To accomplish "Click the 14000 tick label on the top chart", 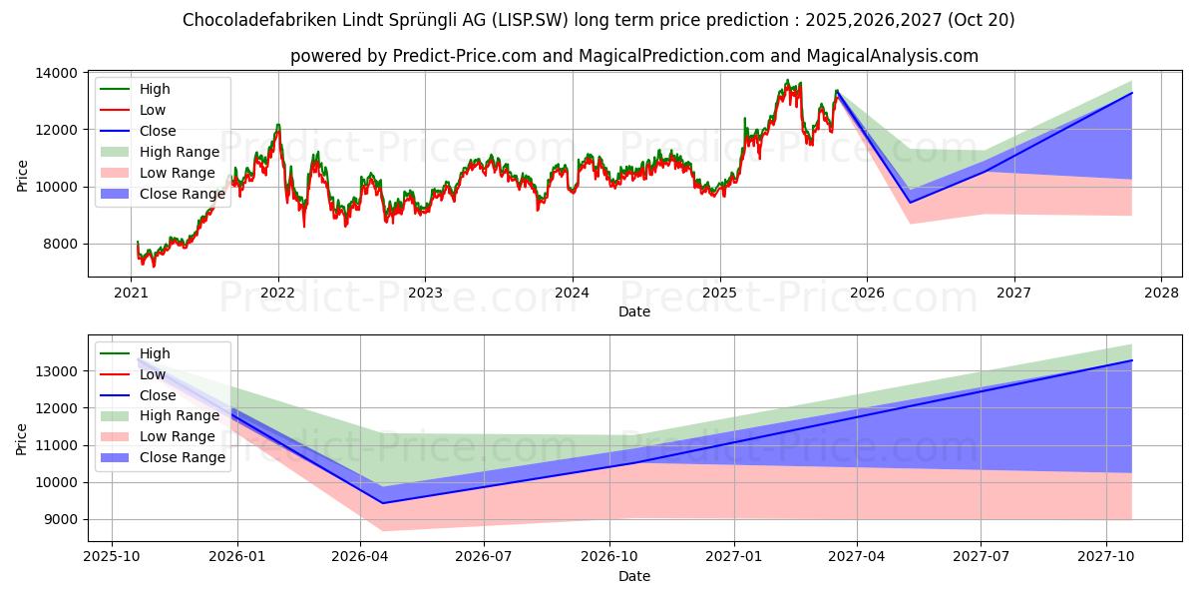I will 59,73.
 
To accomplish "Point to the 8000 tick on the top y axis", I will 59,244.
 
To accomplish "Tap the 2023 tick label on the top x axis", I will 425,293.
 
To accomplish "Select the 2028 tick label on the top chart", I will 1161,293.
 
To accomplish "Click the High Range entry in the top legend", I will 179,152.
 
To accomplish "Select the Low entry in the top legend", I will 153,110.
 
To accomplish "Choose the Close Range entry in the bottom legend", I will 183,457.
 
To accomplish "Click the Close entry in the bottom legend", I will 158,395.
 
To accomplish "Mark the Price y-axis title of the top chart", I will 23,174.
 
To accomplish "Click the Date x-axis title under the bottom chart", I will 634,576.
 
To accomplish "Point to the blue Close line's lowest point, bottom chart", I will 382,502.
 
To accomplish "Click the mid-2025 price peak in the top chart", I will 787,81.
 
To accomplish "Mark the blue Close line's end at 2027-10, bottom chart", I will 1132,360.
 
